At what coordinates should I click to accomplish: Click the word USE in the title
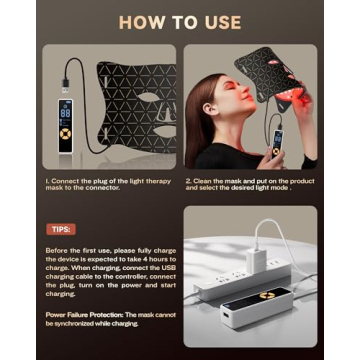(224, 21)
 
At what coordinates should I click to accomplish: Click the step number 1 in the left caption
(48, 182)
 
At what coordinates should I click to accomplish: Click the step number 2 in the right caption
(188, 182)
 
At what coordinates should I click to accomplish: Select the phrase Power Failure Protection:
(87, 313)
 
